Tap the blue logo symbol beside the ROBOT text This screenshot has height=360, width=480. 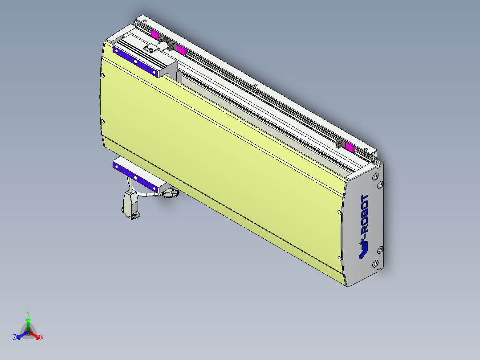[363, 253]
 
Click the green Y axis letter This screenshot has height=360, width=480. [28, 313]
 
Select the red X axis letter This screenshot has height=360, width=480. [42, 338]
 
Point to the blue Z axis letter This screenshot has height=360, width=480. [15, 338]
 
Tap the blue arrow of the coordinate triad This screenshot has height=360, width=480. [20, 335]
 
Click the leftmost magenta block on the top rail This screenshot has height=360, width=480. [155, 34]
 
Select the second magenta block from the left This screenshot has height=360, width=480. [181, 49]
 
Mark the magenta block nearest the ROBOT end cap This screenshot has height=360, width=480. [350, 147]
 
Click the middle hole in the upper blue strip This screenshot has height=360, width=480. [134, 61]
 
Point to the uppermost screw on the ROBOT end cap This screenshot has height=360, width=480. [378, 175]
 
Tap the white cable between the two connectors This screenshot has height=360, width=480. [150, 196]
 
